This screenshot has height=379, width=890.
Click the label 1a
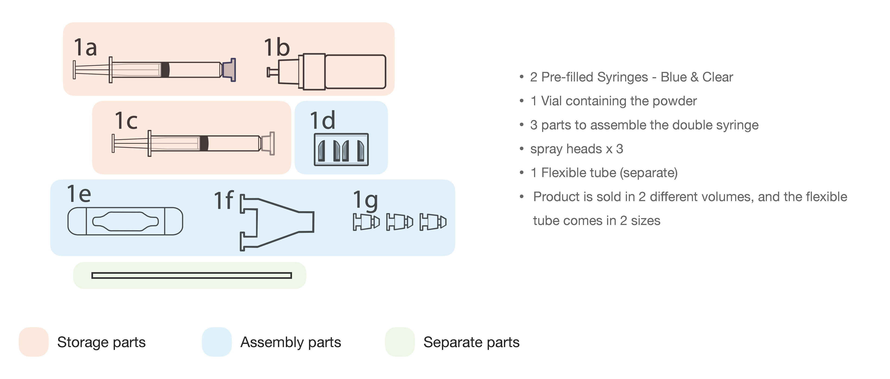[x=85, y=48]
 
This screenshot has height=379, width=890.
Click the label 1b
[x=277, y=48]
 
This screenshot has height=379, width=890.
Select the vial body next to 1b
[x=355, y=72]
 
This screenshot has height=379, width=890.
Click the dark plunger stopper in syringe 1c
[x=204, y=143]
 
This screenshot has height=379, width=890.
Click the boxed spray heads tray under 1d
[x=341, y=150]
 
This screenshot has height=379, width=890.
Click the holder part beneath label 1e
[x=125, y=221]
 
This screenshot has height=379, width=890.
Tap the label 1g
[x=365, y=201]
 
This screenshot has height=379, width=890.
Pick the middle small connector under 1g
[x=399, y=222]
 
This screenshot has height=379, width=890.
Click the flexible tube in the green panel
[x=191, y=275]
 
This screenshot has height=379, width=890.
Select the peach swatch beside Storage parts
[x=34, y=342]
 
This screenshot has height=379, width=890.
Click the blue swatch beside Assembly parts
[x=217, y=342]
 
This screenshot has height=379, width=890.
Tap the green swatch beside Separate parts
[x=400, y=342]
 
